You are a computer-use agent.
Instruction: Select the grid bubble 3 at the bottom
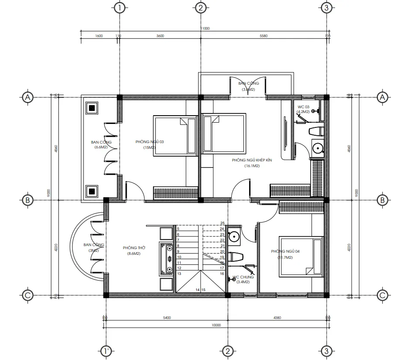pos(326,350)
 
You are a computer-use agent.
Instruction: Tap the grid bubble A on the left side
pos(27,97)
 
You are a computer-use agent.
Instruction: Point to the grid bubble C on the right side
pos(382,295)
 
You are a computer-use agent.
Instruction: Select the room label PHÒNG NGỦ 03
pos(150,142)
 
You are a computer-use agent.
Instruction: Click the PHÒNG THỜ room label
pos(134,247)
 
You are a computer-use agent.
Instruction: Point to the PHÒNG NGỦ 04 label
pos(285,251)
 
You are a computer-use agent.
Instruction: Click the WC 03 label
pos(303,107)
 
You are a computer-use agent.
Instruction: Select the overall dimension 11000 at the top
pos(205,28)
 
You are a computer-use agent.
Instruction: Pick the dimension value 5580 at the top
pos(264,36)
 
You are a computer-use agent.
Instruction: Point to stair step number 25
pos(222,223)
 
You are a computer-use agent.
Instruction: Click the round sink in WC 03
pos(317,148)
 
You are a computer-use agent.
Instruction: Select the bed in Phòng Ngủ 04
pos(301,256)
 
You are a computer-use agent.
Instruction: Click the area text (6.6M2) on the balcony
pos(101,147)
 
